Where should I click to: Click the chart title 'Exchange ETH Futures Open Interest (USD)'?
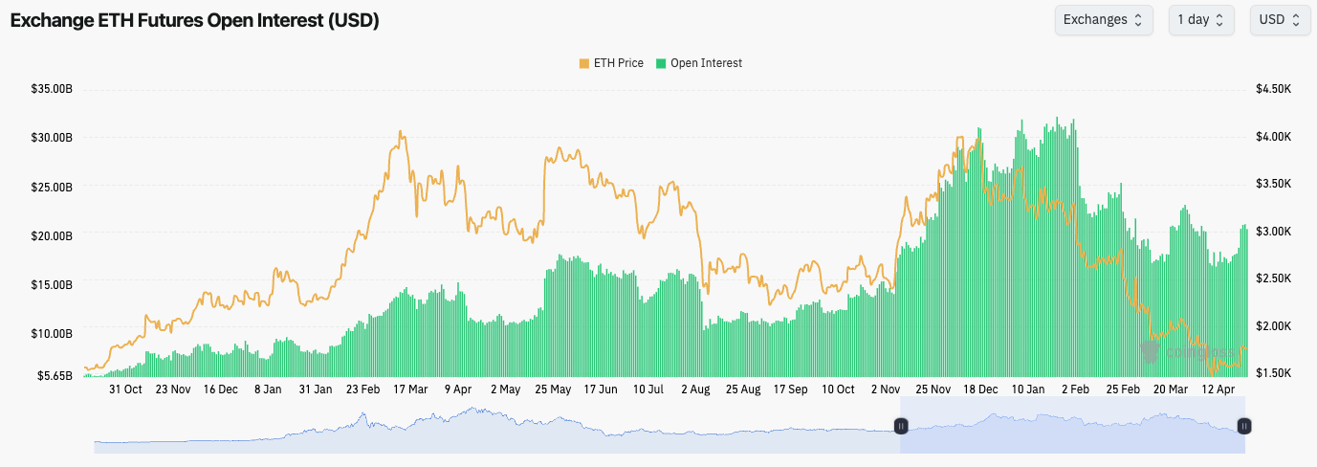click(x=194, y=21)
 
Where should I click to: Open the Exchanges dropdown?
click(x=1103, y=20)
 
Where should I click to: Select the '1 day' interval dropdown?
click(x=1200, y=20)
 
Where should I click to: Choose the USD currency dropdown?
click(x=1279, y=20)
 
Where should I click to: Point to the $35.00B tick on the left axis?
click(x=52, y=89)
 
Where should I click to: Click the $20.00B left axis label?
click(x=52, y=235)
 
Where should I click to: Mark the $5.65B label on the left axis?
click(x=55, y=375)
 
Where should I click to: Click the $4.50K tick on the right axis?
click(x=1274, y=89)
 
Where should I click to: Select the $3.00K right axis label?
click(x=1274, y=232)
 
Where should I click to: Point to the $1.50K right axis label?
click(x=1274, y=372)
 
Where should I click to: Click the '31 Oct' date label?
click(x=125, y=389)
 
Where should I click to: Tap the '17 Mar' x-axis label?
click(x=410, y=389)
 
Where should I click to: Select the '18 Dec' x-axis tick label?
click(x=980, y=389)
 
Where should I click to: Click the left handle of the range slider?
click(x=900, y=426)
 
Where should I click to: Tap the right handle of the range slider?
click(x=1244, y=426)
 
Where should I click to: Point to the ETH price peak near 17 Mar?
click(x=401, y=133)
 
